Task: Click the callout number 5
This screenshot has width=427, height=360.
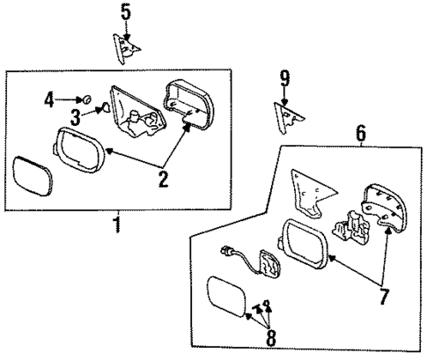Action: point(126,12)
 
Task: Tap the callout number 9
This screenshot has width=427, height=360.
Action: point(284,80)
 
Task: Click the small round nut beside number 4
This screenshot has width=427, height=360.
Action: point(88,99)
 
